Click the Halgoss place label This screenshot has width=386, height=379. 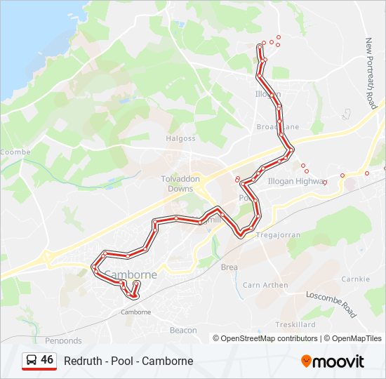point(180,138)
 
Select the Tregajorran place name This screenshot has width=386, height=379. point(278,234)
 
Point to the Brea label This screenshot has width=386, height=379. point(229,267)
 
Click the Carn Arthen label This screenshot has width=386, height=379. point(265,285)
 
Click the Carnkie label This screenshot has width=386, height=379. point(355,279)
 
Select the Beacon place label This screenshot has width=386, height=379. point(184,330)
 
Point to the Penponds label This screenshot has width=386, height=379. point(63,340)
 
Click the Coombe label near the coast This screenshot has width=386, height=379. point(15,152)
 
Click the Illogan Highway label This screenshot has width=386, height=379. point(298,180)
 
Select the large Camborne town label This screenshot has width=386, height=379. point(130,274)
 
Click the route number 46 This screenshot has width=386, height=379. point(47,359)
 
